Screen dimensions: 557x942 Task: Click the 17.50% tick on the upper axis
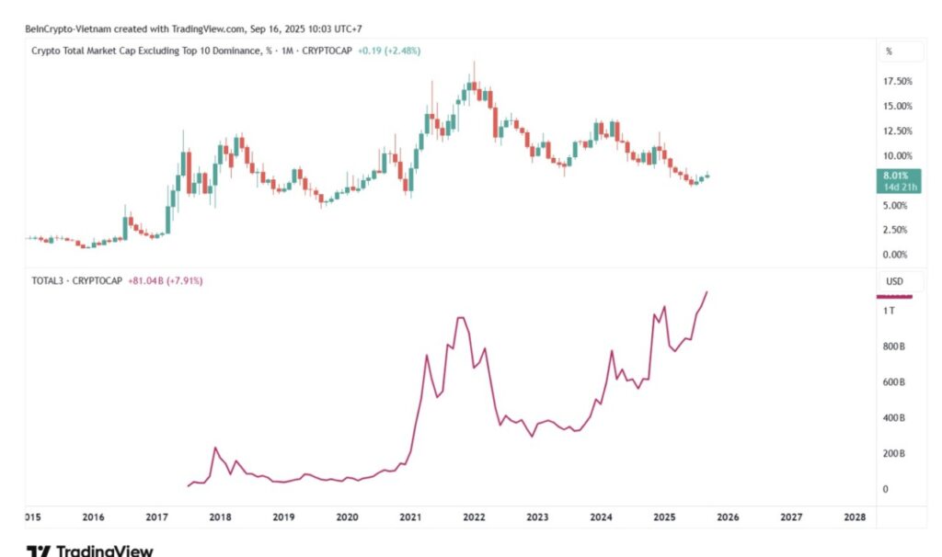[897, 81]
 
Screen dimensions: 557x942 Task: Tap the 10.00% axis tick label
[897, 155]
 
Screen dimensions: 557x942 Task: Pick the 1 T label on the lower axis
[890, 312]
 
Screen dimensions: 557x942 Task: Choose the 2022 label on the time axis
[474, 517]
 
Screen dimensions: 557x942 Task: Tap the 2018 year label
[220, 517]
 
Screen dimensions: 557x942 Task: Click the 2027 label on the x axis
[791, 517]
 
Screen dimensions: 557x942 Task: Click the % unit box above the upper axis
[889, 51]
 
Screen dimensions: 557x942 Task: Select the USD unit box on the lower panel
[894, 281]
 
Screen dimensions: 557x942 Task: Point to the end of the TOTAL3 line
[706, 291]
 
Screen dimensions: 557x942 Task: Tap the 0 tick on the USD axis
[887, 489]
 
